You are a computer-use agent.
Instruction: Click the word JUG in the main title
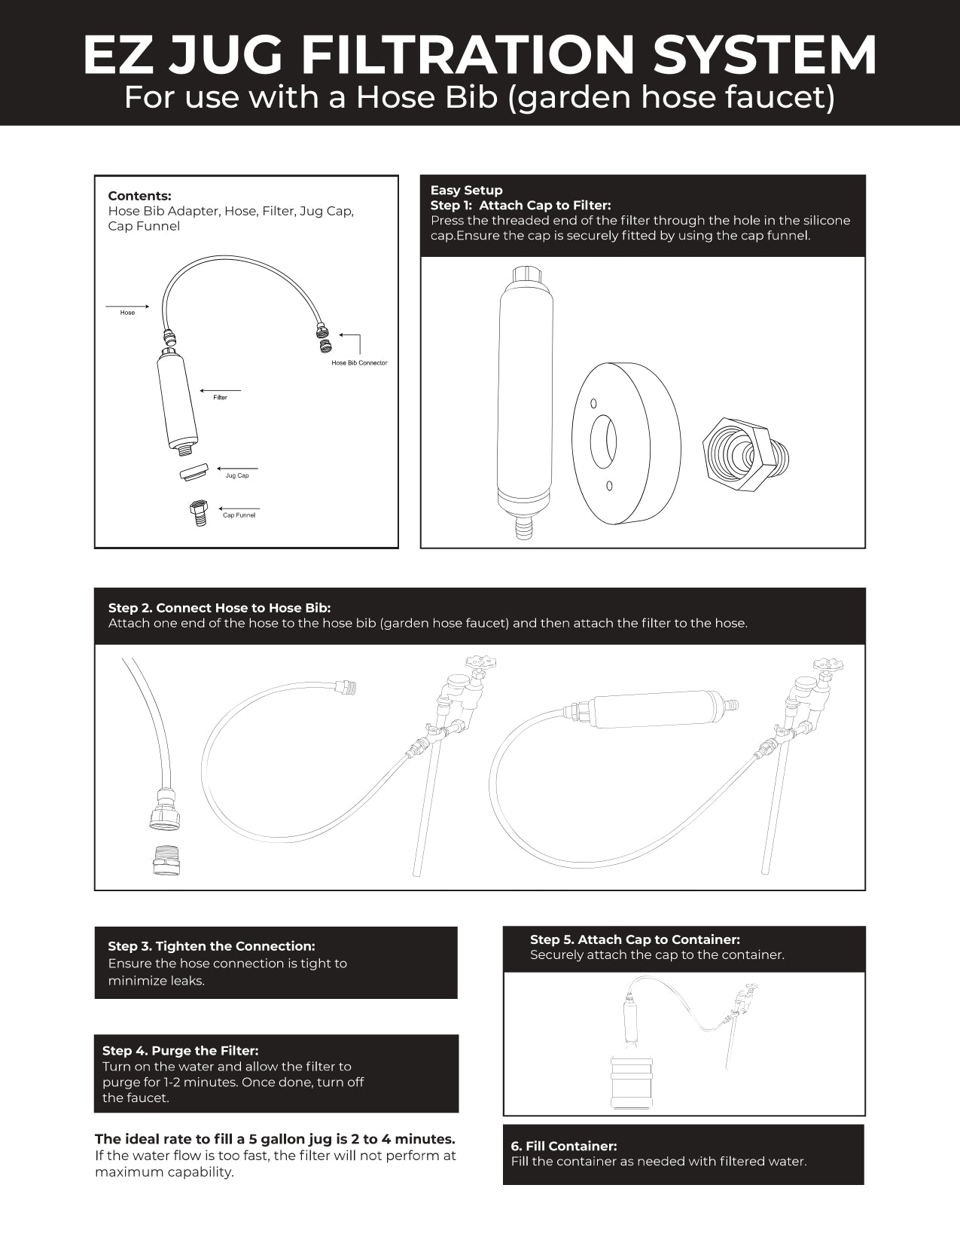[x=225, y=55]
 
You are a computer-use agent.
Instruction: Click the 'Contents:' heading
[x=139, y=196]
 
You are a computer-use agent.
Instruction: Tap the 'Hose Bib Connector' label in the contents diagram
[x=359, y=363]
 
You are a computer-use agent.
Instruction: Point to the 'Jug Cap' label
[x=237, y=476]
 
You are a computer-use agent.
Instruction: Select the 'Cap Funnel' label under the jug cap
[x=239, y=515]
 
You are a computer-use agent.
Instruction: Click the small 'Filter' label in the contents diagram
[x=220, y=398]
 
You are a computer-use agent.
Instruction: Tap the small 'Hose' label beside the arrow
[x=127, y=313]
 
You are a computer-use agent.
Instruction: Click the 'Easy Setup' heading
[x=466, y=190]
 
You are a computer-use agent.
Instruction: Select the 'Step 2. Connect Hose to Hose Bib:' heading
[x=219, y=608]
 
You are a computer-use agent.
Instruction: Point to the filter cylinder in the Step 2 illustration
[x=655, y=710]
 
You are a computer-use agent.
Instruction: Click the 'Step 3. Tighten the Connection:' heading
[x=211, y=946]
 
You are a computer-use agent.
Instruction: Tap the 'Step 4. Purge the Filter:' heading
[x=180, y=1050]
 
